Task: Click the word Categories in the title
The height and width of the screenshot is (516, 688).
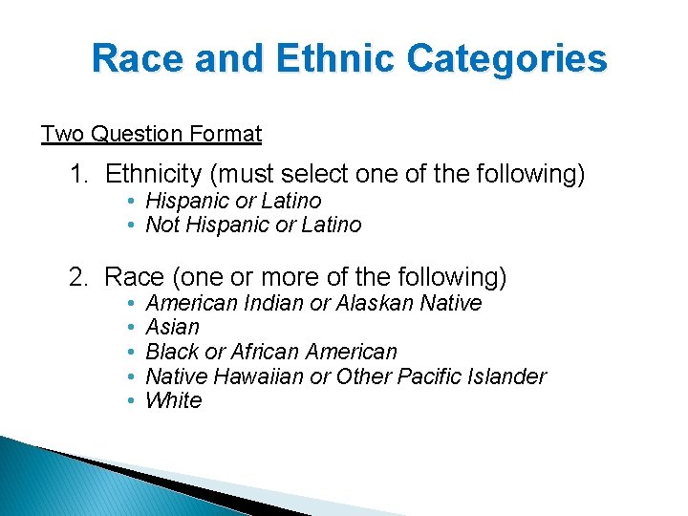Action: point(506,59)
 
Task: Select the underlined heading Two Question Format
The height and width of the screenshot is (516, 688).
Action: point(151,134)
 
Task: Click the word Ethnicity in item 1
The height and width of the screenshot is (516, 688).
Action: point(153,175)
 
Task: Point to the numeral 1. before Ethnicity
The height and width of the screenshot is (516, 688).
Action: point(79,175)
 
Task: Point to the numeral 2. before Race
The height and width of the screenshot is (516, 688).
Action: point(79,278)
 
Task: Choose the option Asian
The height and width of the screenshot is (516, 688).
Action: point(172,328)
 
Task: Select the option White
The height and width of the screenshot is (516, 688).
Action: point(173,400)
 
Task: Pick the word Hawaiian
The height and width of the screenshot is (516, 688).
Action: point(259,376)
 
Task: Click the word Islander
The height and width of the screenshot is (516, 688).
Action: point(506,376)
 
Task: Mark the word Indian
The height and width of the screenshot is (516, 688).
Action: point(275,304)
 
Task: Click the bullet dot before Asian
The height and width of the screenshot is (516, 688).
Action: point(130,328)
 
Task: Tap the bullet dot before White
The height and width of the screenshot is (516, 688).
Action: point(130,400)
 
